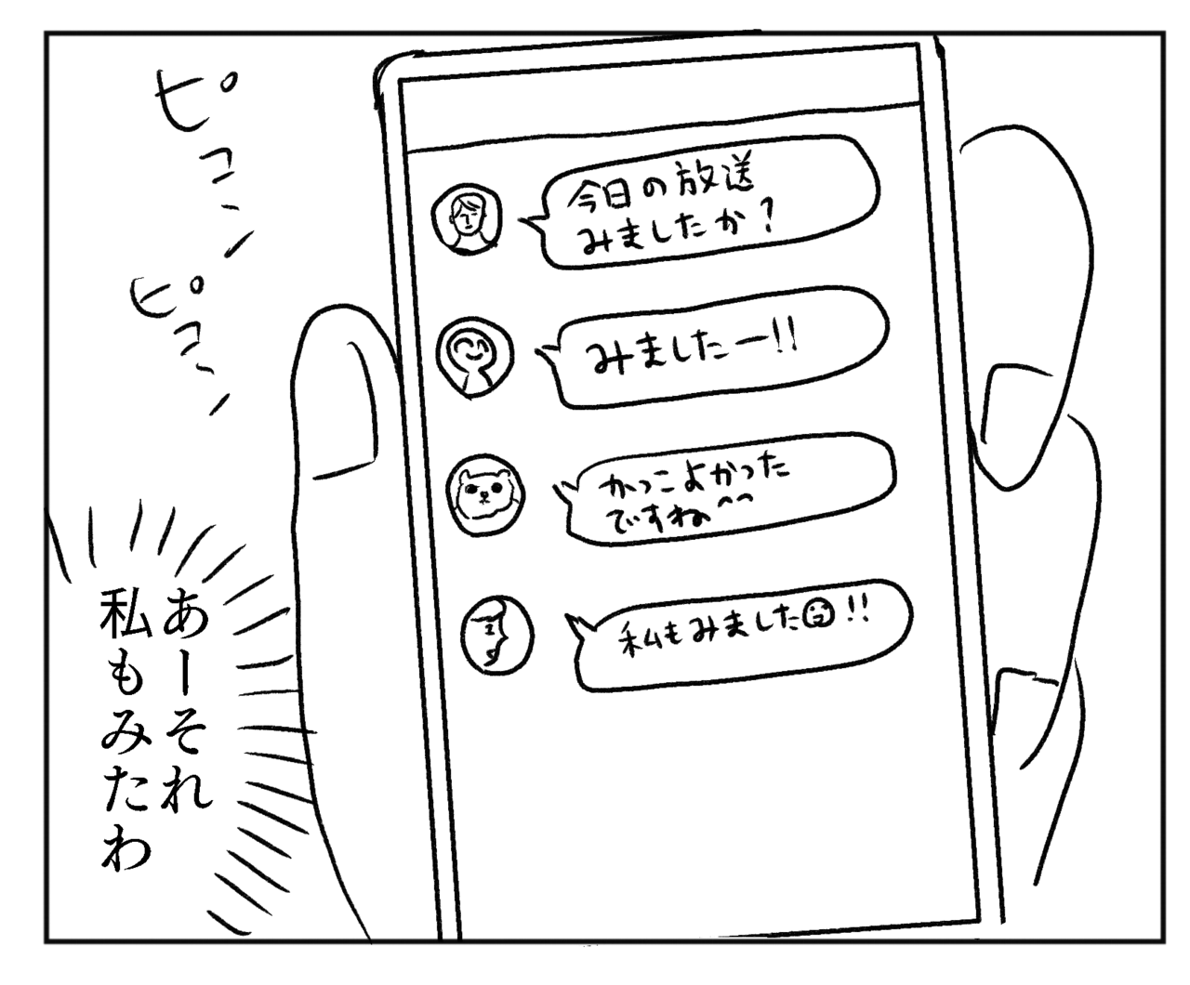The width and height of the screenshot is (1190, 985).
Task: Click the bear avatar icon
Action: pyautogui.click(x=486, y=494)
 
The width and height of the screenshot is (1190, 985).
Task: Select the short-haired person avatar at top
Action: pyautogui.click(x=467, y=217)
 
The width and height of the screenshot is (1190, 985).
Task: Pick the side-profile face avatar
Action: pyautogui.click(x=497, y=636)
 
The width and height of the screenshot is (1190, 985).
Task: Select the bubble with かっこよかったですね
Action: pyautogui.click(x=724, y=490)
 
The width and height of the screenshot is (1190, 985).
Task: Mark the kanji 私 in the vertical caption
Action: pyautogui.click(x=126, y=614)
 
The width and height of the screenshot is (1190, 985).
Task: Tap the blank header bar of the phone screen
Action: pyautogui.click(x=661, y=114)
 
